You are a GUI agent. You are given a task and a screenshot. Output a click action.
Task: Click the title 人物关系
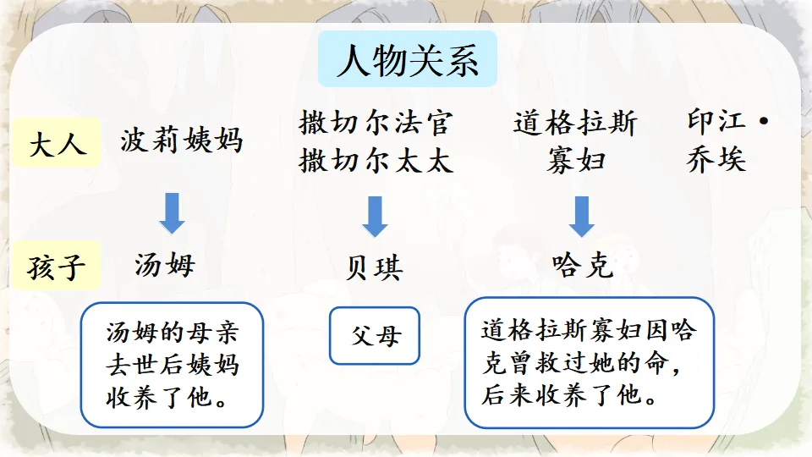407,62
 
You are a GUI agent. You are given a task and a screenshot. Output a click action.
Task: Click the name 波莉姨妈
182,140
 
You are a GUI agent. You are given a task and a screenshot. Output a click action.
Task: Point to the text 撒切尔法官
375,124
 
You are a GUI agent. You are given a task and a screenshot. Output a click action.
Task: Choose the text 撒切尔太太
375,161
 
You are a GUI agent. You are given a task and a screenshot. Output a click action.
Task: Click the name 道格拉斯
575,124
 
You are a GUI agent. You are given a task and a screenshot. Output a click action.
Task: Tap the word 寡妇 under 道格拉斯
575,161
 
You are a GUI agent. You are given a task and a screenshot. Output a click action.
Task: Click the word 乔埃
717,160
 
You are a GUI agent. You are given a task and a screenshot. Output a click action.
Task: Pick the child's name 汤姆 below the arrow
165,265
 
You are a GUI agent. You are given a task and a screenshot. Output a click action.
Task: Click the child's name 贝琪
375,268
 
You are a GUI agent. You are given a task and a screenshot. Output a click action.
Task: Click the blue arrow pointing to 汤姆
173,213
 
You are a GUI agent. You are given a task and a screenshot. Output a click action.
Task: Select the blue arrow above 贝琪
375,217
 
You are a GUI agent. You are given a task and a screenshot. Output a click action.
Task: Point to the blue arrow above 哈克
580,217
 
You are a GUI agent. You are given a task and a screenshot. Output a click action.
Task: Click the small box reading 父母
375,336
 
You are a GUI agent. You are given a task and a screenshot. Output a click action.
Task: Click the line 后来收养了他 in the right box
571,394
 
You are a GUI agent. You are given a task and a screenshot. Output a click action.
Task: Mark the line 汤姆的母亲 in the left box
172,332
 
